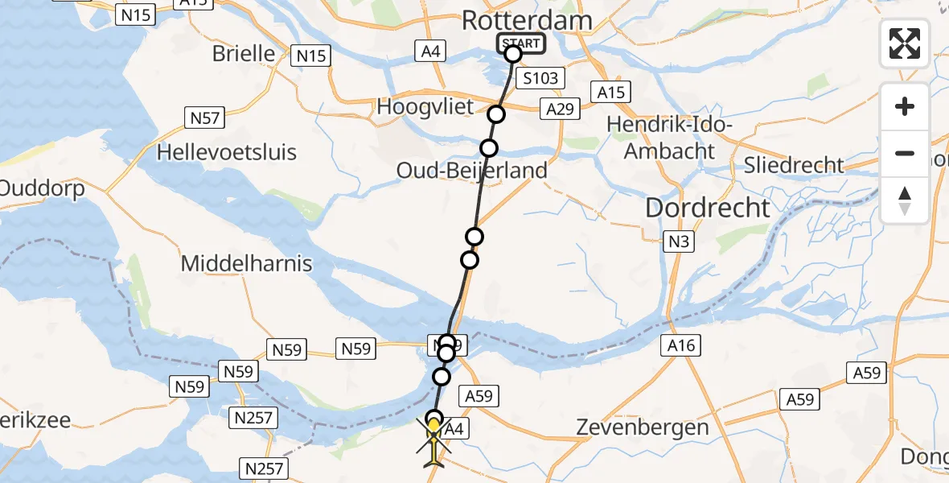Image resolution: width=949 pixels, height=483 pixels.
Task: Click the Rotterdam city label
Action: pyautogui.click(x=527, y=21)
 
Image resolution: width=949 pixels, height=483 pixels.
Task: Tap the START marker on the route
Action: pyautogui.click(x=521, y=43)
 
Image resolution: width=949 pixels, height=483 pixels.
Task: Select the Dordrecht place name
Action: pyautogui.click(x=707, y=208)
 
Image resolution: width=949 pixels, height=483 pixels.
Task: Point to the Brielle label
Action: pyautogui.click(x=243, y=54)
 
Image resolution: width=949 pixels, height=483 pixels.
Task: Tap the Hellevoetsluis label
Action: pyautogui.click(x=227, y=152)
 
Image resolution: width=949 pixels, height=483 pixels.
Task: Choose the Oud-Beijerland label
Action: pyautogui.click(x=472, y=171)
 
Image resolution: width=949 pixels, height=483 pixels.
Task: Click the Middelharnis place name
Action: pyautogui.click(x=246, y=263)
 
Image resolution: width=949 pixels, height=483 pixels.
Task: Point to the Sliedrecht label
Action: pyautogui.click(x=794, y=166)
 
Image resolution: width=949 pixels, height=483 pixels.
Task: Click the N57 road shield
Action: pyautogui.click(x=203, y=118)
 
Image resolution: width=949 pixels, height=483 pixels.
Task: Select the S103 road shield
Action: pyautogui.click(x=540, y=79)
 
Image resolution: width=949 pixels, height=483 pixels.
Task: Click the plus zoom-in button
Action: pyautogui.click(x=905, y=106)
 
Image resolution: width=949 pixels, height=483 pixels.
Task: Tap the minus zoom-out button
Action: pyautogui.click(x=905, y=153)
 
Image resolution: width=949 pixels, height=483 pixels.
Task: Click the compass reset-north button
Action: pyautogui.click(x=905, y=200)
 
